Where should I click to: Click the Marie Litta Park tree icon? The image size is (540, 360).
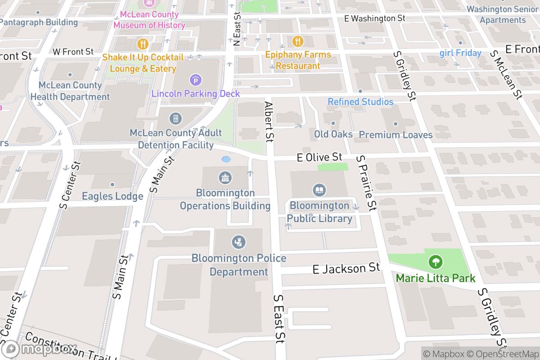pyautogui.click(x=435, y=261)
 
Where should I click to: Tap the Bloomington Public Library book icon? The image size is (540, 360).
pyautogui.click(x=319, y=189)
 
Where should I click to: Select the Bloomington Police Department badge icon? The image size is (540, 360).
pyautogui.click(x=238, y=242)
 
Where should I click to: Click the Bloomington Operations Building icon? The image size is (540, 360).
pyautogui.click(x=225, y=178)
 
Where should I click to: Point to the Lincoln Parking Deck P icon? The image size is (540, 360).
pyautogui.click(x=196, y=81)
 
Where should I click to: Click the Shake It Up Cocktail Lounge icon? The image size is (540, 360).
pyautogui.click(x=143, y=44)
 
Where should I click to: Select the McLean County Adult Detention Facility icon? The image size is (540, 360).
pyautogui.click(x=175, y=119)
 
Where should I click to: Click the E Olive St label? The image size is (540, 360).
pyautogui.click(x=319, y=157)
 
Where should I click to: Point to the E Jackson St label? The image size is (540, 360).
pyautogui.click(x=346, y=269)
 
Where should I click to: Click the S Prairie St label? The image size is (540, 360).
pyautogui.click(x=365, y=183)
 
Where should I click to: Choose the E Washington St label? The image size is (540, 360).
pyautogui.click(x=374, y=18)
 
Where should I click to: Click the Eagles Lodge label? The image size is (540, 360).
pyautogui.click(x=112, y=196)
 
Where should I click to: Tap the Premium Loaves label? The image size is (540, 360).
pyautogui.click(x=396, y=135)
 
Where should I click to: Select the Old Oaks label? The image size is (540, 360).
pyautogui.click(x=333, y=134)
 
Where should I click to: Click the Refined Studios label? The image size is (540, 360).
pyautogui.click(x=360, y=102)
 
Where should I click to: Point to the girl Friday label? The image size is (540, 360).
pyautogui.click(x=460, y=53)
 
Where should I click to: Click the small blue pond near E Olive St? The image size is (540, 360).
pyautogui.click(x=226, y=159)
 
